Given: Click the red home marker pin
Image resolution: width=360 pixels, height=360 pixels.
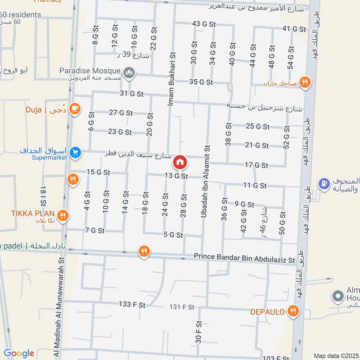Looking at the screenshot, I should coord(180,162).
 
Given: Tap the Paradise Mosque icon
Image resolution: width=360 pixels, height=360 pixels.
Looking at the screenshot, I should coord(129,73).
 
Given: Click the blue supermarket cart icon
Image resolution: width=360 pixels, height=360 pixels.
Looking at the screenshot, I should coord(75,153).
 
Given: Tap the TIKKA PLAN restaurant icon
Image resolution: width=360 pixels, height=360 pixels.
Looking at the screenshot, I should coord(63,215).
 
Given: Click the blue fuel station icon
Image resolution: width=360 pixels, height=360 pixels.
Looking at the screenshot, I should coord(322,184).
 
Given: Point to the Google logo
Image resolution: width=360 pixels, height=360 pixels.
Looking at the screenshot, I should coord(19,353).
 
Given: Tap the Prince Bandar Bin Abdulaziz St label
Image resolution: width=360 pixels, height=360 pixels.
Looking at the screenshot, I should coord(244,258).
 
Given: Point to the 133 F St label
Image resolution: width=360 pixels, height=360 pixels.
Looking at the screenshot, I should coord(132,304).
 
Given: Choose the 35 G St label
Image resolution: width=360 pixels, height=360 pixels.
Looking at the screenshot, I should coord(201,82).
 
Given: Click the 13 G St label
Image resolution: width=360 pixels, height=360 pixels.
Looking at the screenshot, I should coord(176,176).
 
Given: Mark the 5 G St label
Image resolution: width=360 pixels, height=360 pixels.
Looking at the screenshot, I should coord(173,235).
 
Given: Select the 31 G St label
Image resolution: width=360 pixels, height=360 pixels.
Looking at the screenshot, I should coord(132,94).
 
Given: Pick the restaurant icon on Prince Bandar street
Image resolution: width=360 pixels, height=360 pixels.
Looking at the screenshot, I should coord(144,252).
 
